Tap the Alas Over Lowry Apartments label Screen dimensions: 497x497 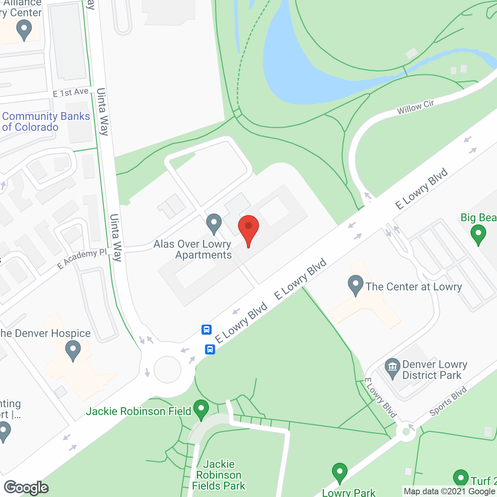pos(193,249)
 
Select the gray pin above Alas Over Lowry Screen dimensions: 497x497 pos(214,224)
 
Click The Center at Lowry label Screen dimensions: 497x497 pos(414,287)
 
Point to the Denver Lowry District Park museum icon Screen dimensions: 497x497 pos(392,367)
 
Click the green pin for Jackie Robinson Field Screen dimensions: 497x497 pos(201,409)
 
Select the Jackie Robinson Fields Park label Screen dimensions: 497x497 pos(219,475)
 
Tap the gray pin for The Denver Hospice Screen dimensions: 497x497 pos(73,350)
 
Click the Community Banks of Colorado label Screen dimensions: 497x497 pos(46,122)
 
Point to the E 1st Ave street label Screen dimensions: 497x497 pos(71,93)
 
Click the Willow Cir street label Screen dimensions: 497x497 pos(415,107)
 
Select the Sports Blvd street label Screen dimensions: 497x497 pos(448,401)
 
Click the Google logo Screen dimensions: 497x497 pos(26,488)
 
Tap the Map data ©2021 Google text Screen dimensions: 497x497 pos(450,492)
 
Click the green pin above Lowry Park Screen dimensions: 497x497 pos(340,473)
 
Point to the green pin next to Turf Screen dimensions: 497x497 pos(461,479)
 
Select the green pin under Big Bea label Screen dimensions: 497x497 pos(478,235)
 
